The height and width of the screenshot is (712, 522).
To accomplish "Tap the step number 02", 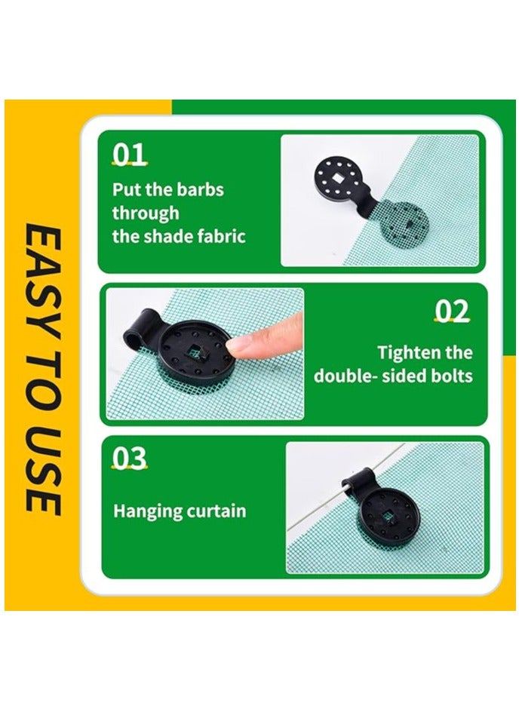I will (452, 311).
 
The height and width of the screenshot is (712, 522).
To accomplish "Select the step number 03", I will (129, 459).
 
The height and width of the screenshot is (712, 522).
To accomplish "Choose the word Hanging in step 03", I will (146, 511).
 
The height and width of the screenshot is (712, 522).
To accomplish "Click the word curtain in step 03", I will (214, 511).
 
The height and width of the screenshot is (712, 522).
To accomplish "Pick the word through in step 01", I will (146, 213).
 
